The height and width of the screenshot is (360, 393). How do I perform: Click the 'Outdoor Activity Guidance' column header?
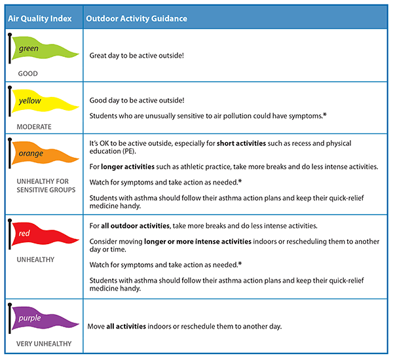coord(136,18)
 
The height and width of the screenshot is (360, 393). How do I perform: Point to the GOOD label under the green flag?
coord(29,74)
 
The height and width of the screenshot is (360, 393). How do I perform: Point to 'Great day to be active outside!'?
coord(136,56)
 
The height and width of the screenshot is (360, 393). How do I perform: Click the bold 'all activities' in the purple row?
coord(128,326)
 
